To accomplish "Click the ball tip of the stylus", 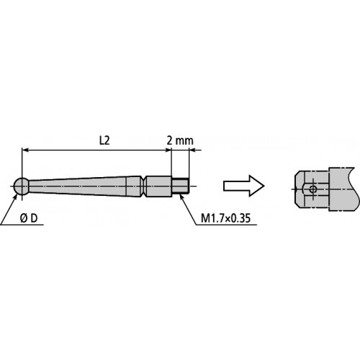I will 22,185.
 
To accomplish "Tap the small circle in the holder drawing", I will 312,189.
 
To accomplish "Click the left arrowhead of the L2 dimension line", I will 27,151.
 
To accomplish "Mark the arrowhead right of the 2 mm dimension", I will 194,151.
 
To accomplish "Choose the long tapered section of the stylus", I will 86,186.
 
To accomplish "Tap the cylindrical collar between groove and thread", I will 160,186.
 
